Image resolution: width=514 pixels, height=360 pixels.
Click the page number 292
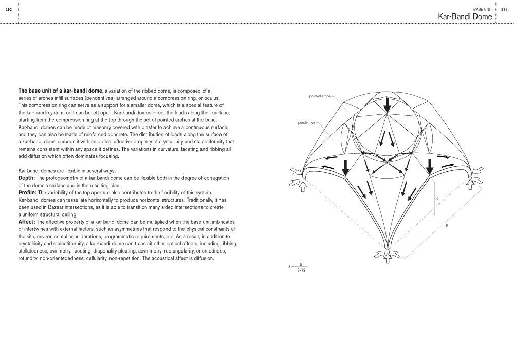pos(9,9)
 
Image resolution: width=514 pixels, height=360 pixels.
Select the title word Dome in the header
pos(480,16)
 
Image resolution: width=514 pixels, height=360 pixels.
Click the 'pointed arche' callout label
pos(320,96)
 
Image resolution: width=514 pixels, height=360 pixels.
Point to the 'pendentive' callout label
pos(307,122)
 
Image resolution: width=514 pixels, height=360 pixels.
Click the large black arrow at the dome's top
pos(387,104)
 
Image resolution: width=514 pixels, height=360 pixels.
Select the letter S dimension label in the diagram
pos(436,198)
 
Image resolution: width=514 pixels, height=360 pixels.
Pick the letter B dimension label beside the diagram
pos(447,225)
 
